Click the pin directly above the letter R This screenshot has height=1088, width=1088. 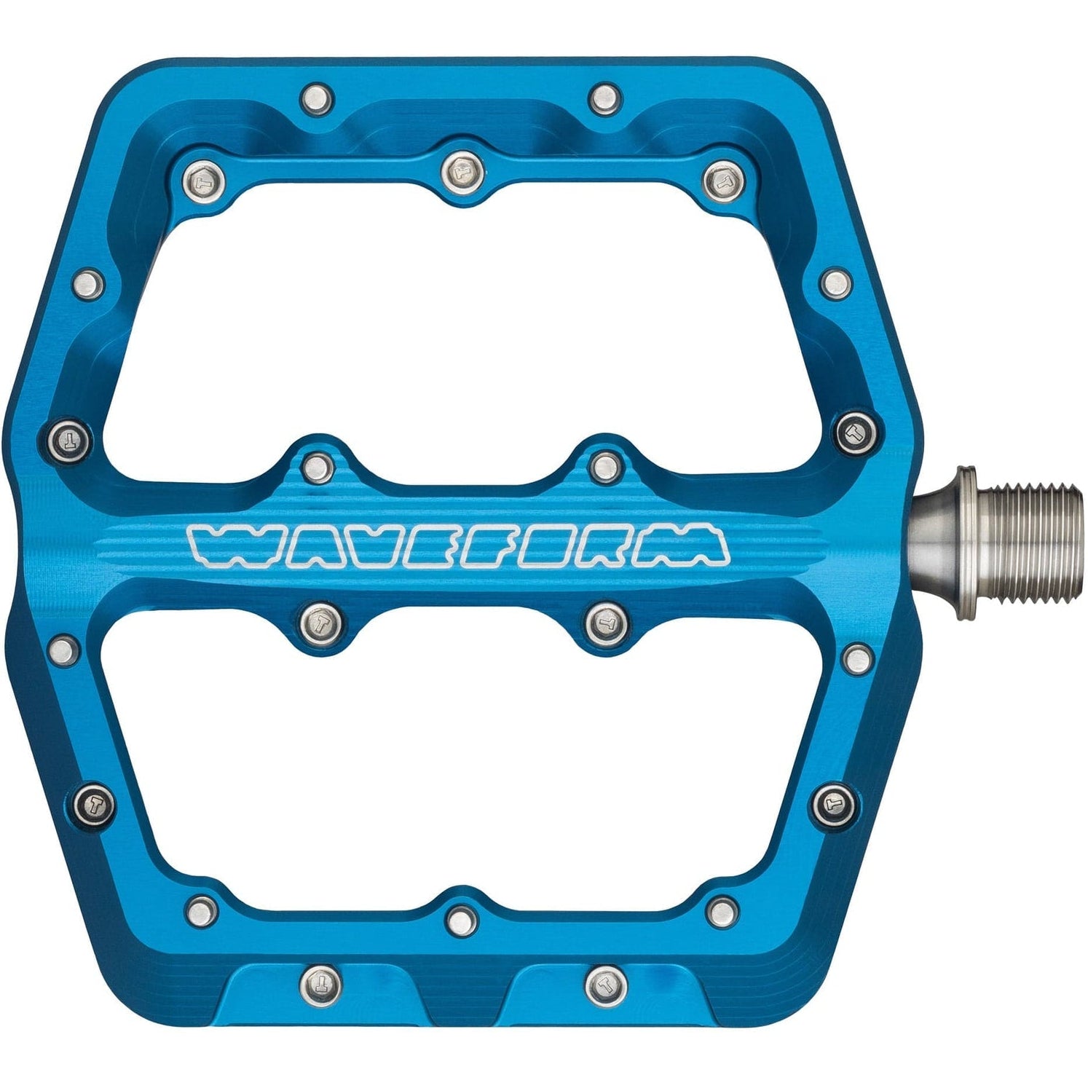click(x=604, y=465)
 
